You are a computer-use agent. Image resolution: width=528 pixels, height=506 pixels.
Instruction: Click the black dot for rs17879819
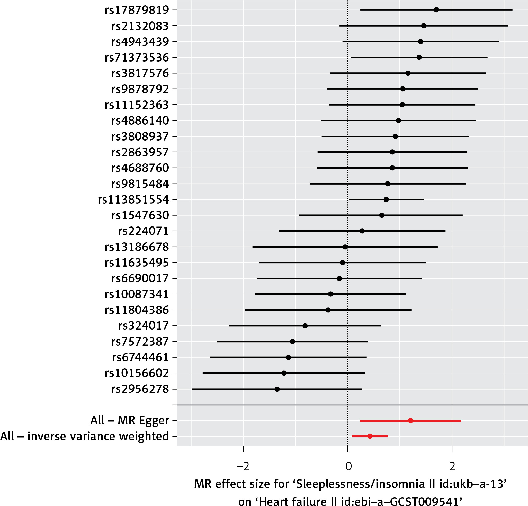point(436,10)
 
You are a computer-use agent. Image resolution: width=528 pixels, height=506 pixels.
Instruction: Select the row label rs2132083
point(140,26)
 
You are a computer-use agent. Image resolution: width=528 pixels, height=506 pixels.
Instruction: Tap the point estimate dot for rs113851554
point(386,199)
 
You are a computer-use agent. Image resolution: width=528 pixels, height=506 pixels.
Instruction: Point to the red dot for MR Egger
point(410,421)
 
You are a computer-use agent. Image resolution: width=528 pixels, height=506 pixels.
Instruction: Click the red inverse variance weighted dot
point(370,436)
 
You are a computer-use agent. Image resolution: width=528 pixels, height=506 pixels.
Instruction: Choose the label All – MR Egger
point(130,421)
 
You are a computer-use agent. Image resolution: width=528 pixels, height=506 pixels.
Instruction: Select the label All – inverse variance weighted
point(85,436)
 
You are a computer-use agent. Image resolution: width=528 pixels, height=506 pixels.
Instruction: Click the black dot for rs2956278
point(277,389)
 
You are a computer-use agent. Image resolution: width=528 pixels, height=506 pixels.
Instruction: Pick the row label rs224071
point(143,231)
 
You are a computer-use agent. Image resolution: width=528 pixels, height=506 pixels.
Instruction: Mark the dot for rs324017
point(305,326)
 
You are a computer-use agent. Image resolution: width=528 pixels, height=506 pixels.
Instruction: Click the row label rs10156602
point(137,373)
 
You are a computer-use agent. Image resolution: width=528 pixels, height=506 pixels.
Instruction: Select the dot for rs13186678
point(345,247)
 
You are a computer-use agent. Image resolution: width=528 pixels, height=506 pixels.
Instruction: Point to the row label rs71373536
point(137,58)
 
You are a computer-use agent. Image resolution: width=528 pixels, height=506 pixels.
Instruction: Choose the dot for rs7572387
point(292,342)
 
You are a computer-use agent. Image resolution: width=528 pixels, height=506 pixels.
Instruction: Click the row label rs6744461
point(140,357)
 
